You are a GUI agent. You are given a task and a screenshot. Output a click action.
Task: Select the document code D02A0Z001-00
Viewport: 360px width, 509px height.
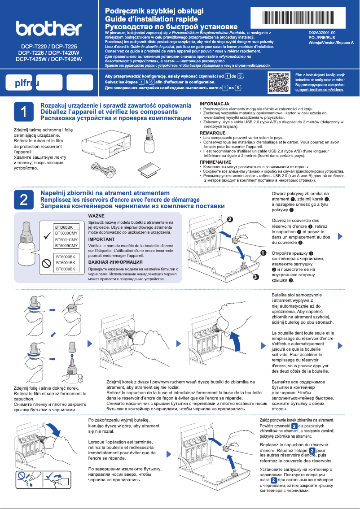point(322,33)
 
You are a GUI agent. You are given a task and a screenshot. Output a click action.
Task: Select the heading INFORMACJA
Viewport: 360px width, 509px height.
point(215,104)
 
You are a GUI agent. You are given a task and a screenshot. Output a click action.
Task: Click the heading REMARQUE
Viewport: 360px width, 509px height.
point(213,133)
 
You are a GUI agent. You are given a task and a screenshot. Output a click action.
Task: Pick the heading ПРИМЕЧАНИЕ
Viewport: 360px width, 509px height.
point(215,162)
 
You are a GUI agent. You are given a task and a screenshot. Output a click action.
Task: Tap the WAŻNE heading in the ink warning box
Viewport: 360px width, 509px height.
point(96,216)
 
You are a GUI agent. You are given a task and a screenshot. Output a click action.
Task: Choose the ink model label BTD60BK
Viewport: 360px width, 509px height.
point(64,228)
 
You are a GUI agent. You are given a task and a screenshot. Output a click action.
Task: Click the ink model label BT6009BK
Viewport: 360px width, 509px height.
point(65,269)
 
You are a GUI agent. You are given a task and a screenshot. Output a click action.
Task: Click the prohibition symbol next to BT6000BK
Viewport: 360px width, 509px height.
point(45,263)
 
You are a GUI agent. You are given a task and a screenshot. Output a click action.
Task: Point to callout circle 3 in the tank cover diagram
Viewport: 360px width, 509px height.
point(255,277)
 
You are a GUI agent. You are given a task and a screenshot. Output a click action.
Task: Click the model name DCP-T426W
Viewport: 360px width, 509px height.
point(66,59)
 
